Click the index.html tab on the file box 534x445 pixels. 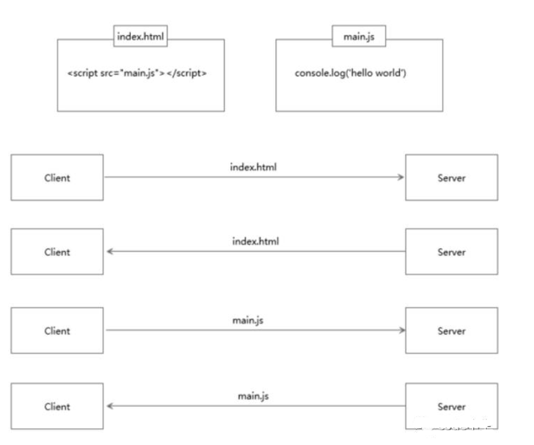tap(141, 36)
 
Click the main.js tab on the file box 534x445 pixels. tap(358, 36)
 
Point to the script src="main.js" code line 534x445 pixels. tap(136, 73)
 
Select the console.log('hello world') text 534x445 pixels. tap(350, 73)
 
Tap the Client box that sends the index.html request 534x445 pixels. tap(57, 178)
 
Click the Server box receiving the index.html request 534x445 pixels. tap(451, 178)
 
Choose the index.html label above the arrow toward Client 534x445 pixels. tap(256, 241)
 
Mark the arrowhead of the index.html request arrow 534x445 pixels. tap(401, 178)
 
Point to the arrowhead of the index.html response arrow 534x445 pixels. tap(109, 252)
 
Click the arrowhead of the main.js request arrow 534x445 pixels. tap(401, 331)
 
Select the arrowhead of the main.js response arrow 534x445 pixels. tap(109, 407)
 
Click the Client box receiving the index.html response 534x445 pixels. tap(57, 252)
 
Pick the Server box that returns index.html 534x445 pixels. tap(451, 252)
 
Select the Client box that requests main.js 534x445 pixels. tap(57, 331)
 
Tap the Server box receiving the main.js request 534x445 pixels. tap(451, 331)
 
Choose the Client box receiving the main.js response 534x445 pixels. tap(57, 407)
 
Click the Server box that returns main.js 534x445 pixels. tap(451, 407)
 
